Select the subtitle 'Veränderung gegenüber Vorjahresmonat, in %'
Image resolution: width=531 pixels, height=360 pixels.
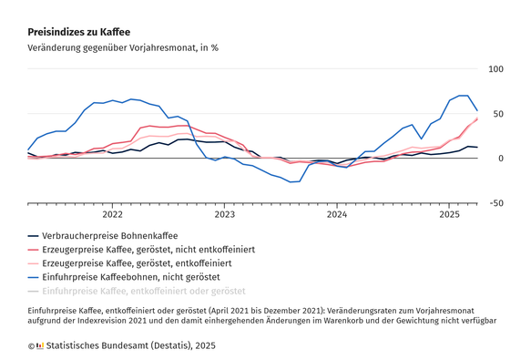tap(123, 46)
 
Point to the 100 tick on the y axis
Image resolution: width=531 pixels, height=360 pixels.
tap(495, 69)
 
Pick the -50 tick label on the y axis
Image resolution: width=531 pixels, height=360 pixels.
tap(496, 203)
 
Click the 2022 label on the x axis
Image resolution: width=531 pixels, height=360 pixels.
tap(113, 215)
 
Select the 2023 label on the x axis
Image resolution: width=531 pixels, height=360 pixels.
tap(225, 215)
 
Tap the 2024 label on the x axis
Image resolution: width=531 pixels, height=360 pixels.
tap(338, 215)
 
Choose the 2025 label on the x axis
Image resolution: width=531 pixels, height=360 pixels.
tap(450, 215)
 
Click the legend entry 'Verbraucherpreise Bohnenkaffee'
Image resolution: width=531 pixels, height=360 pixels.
tap(109, 236)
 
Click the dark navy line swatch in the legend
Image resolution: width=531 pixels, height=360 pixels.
tap(34, 236)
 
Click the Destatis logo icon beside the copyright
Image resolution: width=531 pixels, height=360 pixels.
tap(38, 346)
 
